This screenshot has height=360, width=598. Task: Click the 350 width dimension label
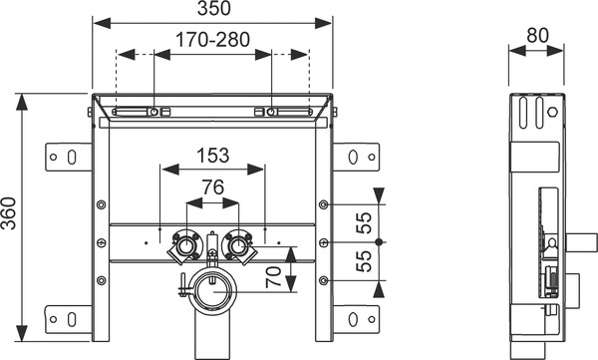pos(214,8)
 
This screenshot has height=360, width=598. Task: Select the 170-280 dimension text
pos(213,39)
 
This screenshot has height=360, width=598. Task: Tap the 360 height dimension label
pos(8,213)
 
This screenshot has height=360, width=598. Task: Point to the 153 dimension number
pos(213,156)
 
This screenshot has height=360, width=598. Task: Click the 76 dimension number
pos(213,187)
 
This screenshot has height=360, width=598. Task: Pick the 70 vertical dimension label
pos(273,277)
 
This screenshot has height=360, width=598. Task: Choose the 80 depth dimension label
pos(538,36)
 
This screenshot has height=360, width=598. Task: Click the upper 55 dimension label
pos(364,223)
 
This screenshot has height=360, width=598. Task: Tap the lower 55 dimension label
pos(364,261)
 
